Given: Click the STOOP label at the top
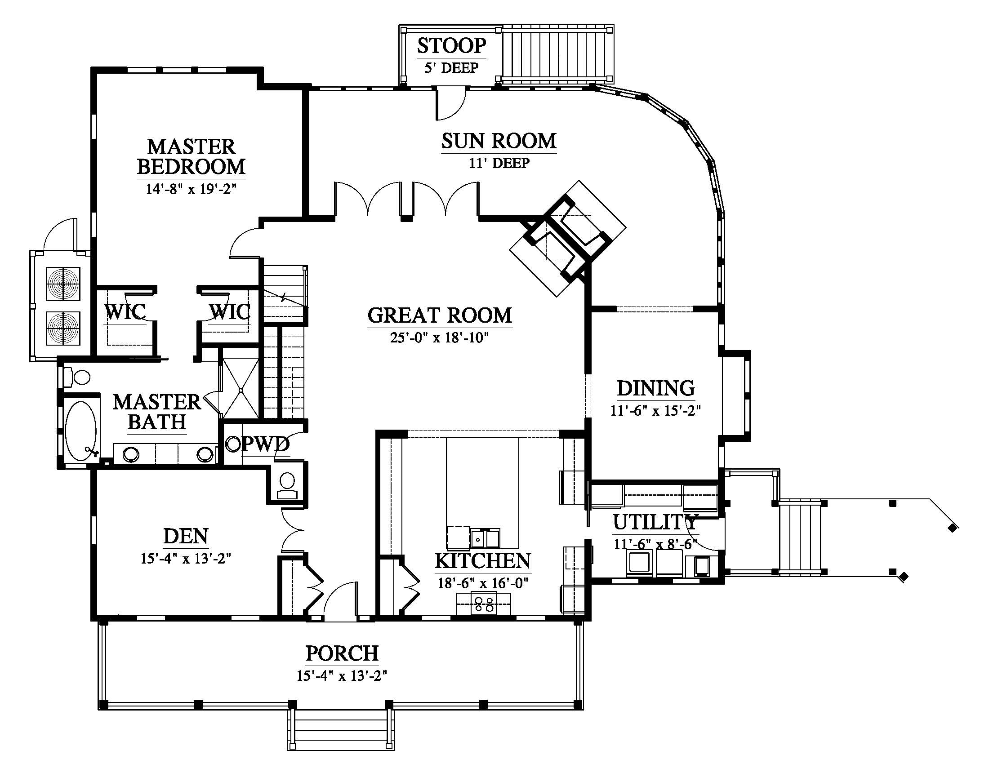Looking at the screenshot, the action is point(451,46).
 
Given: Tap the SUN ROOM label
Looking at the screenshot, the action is point(499,141).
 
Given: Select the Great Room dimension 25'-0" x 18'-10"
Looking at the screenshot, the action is point(440,338).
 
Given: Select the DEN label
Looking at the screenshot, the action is point(186,536).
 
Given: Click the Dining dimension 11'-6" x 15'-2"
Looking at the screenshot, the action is point(656,411).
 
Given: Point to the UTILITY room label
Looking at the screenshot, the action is point(656,522).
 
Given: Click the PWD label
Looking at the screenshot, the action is point(265,444).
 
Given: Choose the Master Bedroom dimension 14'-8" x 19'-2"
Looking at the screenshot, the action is point(191,189).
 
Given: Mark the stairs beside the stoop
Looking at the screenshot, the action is point(557,54).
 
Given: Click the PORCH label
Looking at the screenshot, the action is point(343,653).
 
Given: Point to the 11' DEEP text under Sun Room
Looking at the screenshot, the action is point(499,163).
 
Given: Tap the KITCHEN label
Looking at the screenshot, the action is point(483,561).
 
